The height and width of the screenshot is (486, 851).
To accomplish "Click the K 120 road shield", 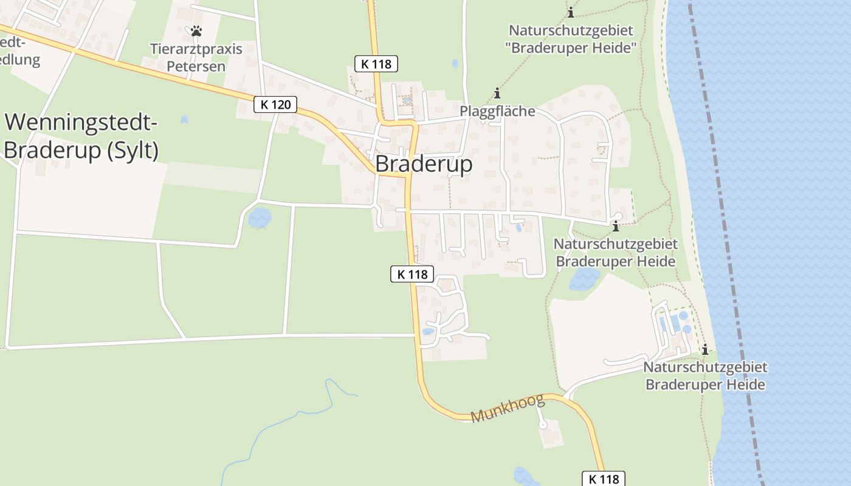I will click(275, 104).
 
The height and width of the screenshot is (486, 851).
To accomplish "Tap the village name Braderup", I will click(424, 164).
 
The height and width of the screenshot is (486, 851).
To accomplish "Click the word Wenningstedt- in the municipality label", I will click(81, 123).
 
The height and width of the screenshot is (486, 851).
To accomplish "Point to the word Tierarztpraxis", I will click(196, 49).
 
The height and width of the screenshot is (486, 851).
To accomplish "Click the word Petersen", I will click(196, 66).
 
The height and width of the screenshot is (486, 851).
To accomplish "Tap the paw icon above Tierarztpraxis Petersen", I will click(196, 30).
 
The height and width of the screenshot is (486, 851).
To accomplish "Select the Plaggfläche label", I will click(497, 111).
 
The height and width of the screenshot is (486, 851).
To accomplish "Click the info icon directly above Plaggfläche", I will click(497, 93).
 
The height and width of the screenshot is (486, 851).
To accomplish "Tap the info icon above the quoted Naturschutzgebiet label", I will click(570, 12).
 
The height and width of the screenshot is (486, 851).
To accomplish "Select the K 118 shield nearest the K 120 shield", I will click(376, 63).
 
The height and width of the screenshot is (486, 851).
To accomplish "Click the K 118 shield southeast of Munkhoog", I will click(604, 479).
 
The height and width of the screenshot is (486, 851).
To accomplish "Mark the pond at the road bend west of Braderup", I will click(260, 217).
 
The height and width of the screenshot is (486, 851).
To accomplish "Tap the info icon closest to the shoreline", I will click(705, 350).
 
